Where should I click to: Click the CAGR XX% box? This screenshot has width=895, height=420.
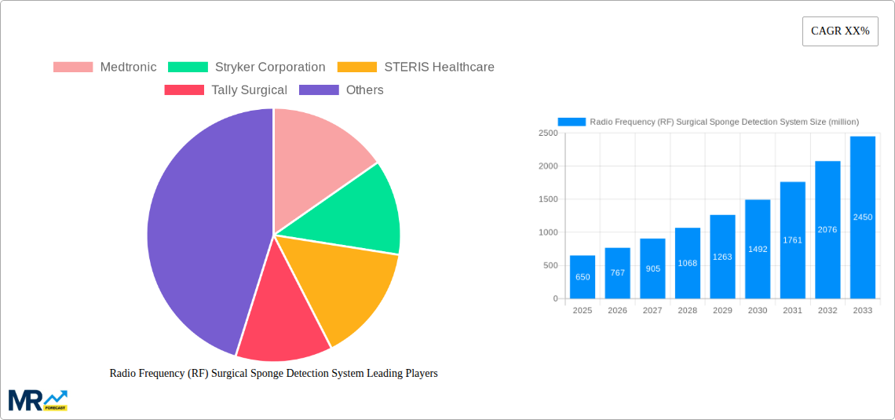840,31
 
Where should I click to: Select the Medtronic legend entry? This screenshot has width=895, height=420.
105,68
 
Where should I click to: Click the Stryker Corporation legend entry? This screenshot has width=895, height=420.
247,68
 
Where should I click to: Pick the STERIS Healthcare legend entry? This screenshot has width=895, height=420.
416,68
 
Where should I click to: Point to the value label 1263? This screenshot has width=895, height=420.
722,257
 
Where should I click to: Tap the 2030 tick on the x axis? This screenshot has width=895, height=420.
758,311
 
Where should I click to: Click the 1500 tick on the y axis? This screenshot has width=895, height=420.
546,199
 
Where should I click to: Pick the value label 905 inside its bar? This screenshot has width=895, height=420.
652,268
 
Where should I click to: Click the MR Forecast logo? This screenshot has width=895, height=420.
38,400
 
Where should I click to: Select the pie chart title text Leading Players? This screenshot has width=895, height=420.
273,374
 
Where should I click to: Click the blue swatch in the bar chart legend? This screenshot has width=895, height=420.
572,122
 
